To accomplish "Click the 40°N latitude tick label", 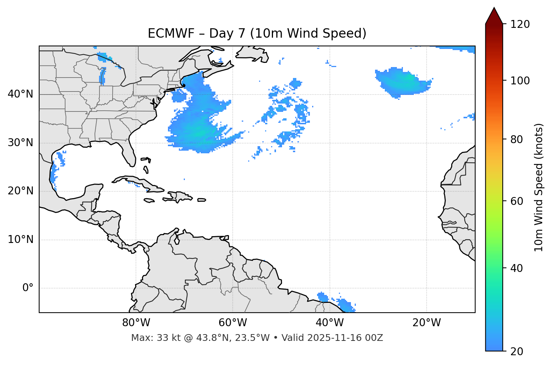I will pyautogui.click(x=20, y=94).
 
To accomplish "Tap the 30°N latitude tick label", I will pyautogui.click(x=20, y=143).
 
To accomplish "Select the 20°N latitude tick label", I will pyautogui.click(x=20, y=191).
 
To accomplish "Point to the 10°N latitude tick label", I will pyautogui.click(x=20, y=240).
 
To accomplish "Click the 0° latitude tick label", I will pyautogui.click(x=27, y=288).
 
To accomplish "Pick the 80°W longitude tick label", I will pyautogui.click(x=136, y=323).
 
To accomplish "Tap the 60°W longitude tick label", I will pyautogui.click(x=233, y=323).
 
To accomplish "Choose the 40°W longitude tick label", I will pyautogui.click(x=329, y=323).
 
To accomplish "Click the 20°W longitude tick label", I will pyautogui.click(x=426, y=323).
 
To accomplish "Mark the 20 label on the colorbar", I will pyautogui.click(x=517, y=351).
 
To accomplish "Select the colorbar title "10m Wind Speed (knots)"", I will pyautogui.click(x=539, y=188).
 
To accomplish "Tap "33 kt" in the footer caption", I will pyautogui.click(x=165, y=338).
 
